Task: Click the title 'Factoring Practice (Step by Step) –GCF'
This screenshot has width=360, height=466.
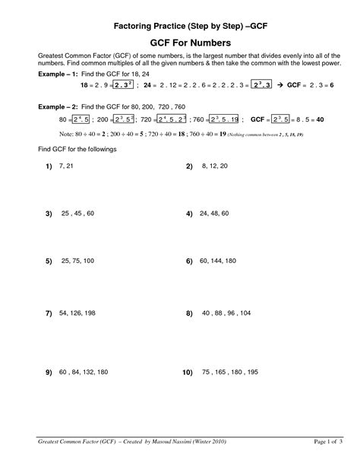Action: [x=179, y=25]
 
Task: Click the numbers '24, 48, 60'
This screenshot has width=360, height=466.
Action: [x=215, y=214]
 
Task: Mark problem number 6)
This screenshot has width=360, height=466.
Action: [x=190, y=261]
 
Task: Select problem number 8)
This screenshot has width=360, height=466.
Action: [x=190, y=313]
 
